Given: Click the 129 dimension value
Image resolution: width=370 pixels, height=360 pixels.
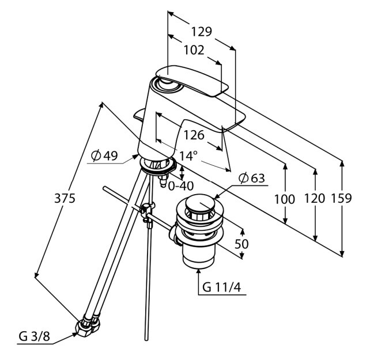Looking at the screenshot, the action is coord(201,32).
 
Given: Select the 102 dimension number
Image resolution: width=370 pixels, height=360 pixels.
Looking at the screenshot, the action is coord(194,50).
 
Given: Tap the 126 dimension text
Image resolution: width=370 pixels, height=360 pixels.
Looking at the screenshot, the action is coord(194,135).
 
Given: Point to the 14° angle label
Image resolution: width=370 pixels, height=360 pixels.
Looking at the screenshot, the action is coord(188,156).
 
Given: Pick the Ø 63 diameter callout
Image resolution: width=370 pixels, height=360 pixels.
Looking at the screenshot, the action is coord(251,178).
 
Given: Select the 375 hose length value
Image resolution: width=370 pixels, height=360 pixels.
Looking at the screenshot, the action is coord(65,198).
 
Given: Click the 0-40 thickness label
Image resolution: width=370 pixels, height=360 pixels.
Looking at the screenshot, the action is coord(181,186).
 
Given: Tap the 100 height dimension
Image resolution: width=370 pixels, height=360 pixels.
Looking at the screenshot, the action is coord(285,199).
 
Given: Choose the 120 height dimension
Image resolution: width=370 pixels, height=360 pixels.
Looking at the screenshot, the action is coord(315,198).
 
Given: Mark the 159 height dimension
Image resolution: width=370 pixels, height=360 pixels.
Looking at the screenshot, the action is coord(341,198).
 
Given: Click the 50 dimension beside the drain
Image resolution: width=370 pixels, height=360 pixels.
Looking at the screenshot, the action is coord(241,244).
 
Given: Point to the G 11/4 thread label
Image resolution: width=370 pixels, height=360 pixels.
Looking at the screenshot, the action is coord(221,287).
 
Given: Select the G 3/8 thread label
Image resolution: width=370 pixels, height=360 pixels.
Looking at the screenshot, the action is coord(34,336).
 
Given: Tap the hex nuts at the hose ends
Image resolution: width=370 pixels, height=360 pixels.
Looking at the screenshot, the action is coord(88,324).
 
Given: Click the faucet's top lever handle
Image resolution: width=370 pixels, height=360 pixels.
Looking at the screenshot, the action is coord(191,80).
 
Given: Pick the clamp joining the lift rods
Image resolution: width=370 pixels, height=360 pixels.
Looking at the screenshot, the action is coord(146,211).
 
